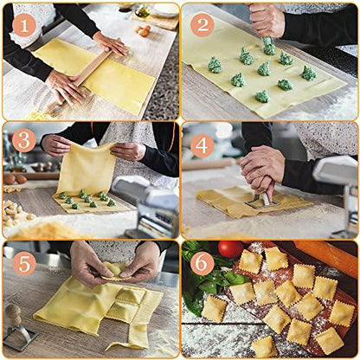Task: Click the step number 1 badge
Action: click(x=24, y=25)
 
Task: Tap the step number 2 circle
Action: click(x=202, y=23)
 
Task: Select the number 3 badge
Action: click(x=24, y=141)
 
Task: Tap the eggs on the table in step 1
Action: click(x=143, y=30)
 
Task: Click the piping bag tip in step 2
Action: click(x=269, y=42)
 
